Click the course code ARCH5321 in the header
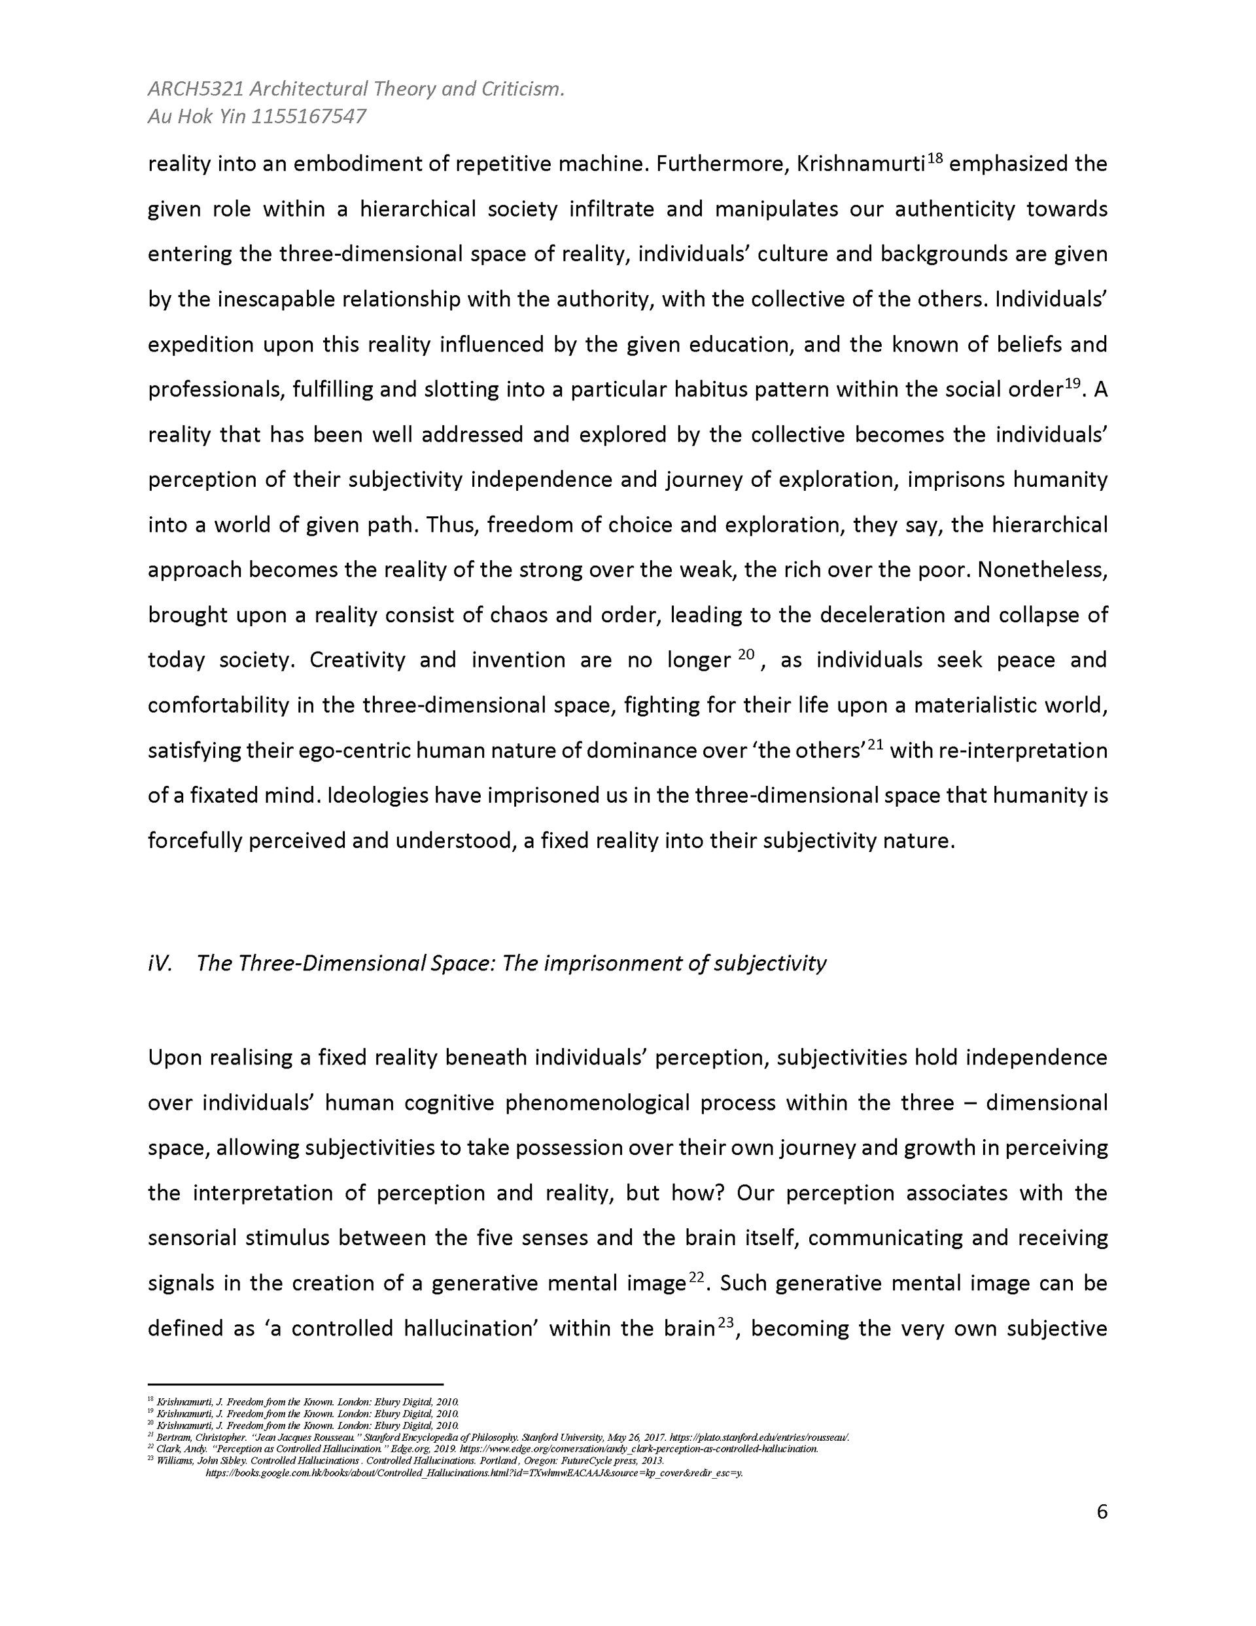tap(196, 90)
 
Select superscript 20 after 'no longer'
tap(746, 654)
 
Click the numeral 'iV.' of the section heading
tap(160, 963)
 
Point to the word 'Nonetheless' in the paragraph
tap(1041, 571)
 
